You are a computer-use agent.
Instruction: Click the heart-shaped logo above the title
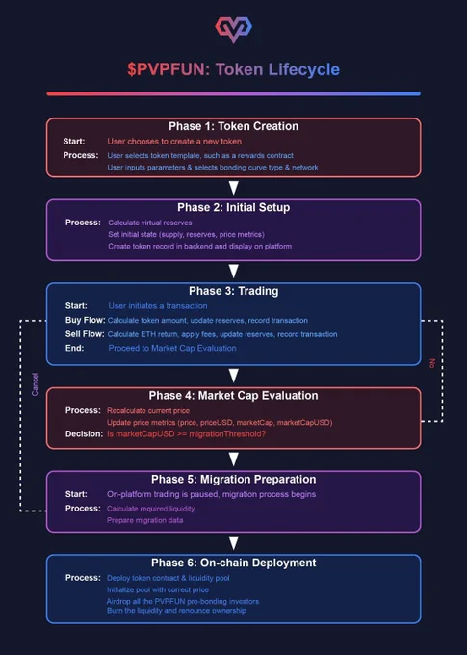233,29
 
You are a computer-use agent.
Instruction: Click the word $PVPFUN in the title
169,69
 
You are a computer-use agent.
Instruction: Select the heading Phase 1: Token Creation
233,126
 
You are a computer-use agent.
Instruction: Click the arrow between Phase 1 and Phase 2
233,188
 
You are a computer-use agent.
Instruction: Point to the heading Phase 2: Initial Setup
233,207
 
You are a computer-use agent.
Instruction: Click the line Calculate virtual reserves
150,223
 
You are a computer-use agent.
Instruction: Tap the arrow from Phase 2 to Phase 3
233,271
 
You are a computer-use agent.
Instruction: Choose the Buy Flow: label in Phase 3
85,320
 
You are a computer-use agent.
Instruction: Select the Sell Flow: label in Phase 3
85,334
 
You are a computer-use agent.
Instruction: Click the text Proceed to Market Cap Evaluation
172,348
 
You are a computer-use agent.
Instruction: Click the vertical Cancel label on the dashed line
35,384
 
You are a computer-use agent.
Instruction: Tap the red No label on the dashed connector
432,363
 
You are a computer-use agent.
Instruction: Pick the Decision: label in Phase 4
84,434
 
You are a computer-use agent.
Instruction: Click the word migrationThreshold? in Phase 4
227,434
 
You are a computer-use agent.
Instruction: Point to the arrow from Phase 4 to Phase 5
233,459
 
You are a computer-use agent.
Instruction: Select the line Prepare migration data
145,520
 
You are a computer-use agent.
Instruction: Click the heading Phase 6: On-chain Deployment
233,563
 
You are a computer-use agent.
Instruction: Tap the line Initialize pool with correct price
158,589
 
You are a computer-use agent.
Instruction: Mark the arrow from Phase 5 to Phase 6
233,542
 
